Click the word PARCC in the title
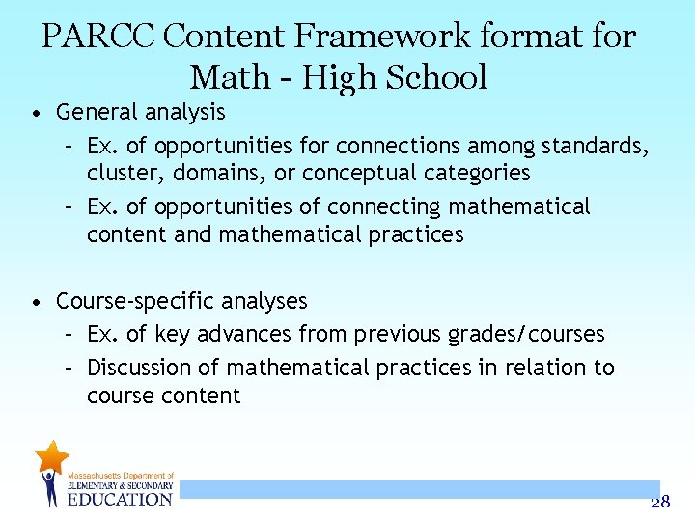97,37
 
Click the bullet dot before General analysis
35,114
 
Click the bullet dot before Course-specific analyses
35,303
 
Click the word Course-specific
126,301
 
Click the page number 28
660,501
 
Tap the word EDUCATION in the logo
120,499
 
